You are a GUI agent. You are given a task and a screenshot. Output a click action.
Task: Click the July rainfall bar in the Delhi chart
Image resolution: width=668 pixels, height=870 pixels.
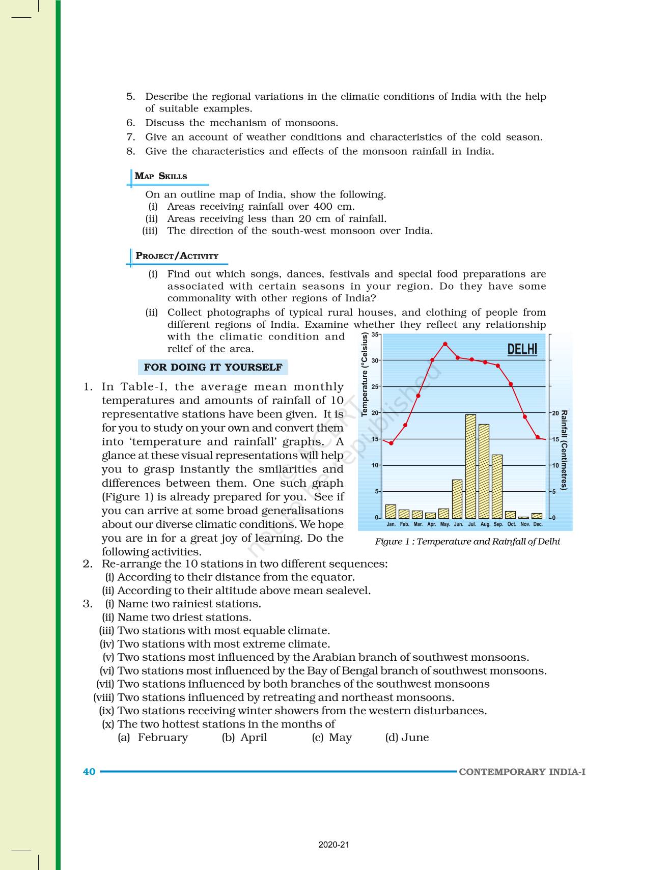[470, 466]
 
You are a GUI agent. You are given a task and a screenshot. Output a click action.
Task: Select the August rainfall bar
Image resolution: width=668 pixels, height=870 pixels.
[484, 471]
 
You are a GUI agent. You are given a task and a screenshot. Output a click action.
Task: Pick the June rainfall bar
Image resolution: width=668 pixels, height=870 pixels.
[457, 499]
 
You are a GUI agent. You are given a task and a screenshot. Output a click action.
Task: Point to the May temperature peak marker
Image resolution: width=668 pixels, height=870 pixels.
[445, 344]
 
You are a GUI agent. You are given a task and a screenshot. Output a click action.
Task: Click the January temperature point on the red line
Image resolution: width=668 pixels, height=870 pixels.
[391, 443]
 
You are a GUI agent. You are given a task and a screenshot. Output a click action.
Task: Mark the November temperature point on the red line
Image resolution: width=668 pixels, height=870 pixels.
[524, 416]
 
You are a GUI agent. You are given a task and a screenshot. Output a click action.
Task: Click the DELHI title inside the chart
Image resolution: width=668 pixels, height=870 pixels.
[522, 349]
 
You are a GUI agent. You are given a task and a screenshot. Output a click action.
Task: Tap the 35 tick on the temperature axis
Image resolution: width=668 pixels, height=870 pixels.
[375, 334]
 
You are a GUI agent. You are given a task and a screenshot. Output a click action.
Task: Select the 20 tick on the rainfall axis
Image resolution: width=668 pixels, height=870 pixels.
[555, 413]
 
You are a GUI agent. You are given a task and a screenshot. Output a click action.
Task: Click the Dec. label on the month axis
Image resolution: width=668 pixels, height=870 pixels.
[538, 524]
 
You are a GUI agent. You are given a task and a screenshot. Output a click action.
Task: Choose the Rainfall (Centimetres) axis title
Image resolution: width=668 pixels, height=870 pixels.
[564, 450]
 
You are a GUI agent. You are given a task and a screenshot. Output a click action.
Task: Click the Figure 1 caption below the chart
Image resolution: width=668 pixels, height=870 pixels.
[467, 542]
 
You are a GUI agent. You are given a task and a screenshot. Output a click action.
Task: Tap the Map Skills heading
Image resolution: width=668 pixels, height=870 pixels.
[161, 176]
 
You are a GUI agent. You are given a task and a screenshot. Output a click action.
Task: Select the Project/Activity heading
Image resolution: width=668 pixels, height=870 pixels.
[177, 256]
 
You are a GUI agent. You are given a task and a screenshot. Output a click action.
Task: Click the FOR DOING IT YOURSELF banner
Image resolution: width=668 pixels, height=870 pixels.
[213, 367]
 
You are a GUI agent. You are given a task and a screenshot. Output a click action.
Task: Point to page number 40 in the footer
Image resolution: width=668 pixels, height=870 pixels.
[89, 772]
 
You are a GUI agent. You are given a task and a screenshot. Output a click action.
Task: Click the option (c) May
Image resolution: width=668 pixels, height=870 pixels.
[332, 737]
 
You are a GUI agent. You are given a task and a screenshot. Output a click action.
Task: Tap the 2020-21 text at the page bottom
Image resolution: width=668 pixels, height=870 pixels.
[333, 845]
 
